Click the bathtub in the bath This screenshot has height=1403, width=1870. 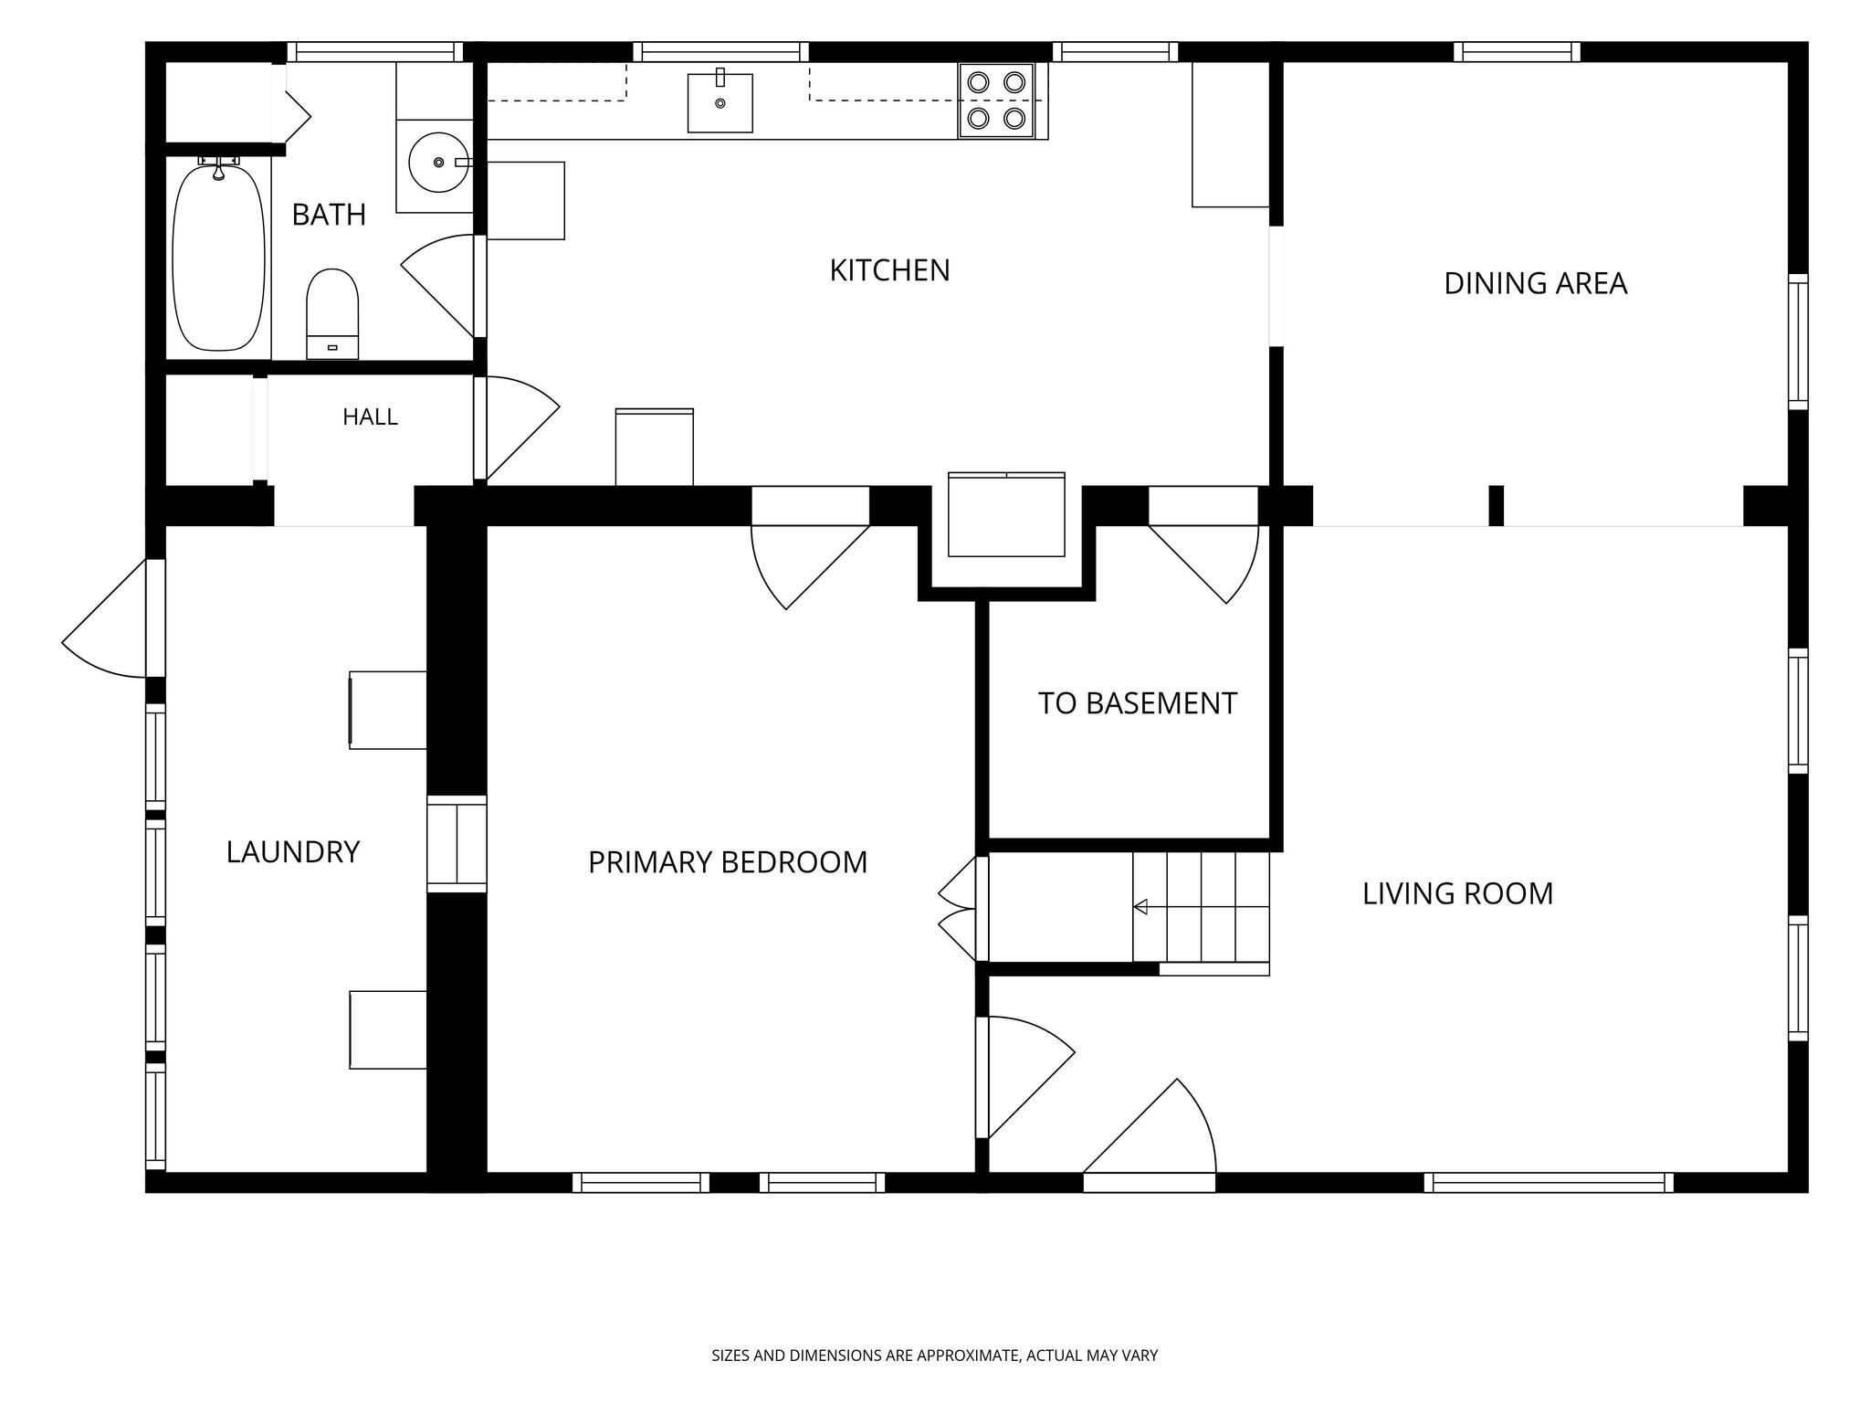click(218, 257)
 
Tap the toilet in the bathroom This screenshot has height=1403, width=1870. click(332, 313)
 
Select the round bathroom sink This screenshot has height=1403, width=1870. click(439, 163)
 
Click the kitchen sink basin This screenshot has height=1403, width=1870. click(720, 102)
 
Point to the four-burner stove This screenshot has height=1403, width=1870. click(995, 100)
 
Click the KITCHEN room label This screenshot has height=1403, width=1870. click(889, 270)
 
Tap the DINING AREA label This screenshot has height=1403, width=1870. click(1535, 283)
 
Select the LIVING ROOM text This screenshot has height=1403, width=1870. click(1457, 893)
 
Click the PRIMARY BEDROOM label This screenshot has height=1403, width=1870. click(728, 862)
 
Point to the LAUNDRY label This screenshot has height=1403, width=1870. click(293, 852)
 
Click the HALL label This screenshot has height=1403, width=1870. click(370, 417)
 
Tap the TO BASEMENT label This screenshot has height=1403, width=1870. click(1137, 703)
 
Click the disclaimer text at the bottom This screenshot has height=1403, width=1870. click(934, 1356)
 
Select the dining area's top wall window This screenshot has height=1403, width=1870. click(1517, 52)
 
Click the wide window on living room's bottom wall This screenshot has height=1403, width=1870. click(1549, 1183)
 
